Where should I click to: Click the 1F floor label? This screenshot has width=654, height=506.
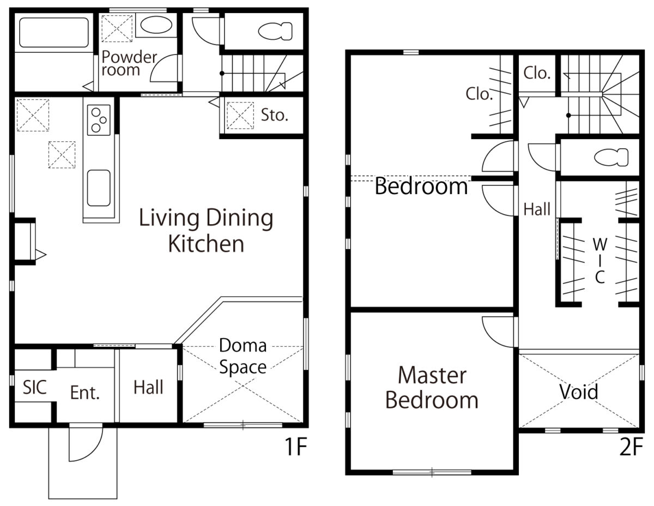(295, 447)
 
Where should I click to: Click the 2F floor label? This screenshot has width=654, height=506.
(631, 447)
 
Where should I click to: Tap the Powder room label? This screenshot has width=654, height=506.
(129, 63)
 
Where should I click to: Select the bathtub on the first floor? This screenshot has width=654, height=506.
(54, 33)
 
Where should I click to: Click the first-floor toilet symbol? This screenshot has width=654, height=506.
(275, 31)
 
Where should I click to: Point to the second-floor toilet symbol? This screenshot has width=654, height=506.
(611, 157)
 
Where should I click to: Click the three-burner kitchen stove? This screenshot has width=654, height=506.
(99, 120)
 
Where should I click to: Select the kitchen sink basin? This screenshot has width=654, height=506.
(99, 188)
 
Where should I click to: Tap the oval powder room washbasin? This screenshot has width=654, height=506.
(156, 25)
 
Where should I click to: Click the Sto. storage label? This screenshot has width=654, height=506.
(274, 115)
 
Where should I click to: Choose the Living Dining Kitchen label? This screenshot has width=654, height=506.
(206, 230)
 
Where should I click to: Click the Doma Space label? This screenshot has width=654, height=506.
(243, 356)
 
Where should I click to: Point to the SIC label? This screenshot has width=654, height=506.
(35, 387)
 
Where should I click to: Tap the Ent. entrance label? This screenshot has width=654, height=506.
(85, 393)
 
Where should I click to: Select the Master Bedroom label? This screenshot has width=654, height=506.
(432, 388)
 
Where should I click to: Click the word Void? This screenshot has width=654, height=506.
(579, 391)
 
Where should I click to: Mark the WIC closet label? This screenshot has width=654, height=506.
(600, 261)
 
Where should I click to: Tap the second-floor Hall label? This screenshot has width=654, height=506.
(537, 209)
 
